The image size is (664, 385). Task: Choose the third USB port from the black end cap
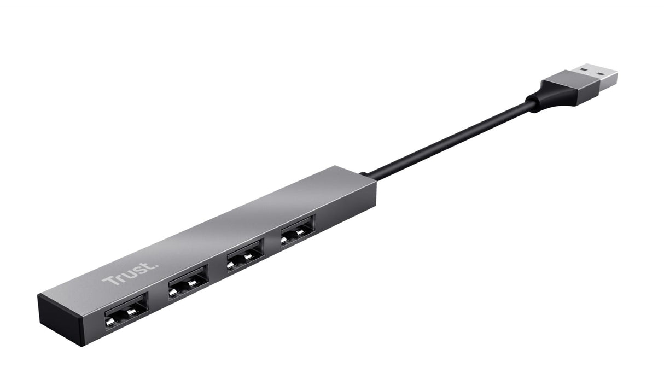point(244,254)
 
